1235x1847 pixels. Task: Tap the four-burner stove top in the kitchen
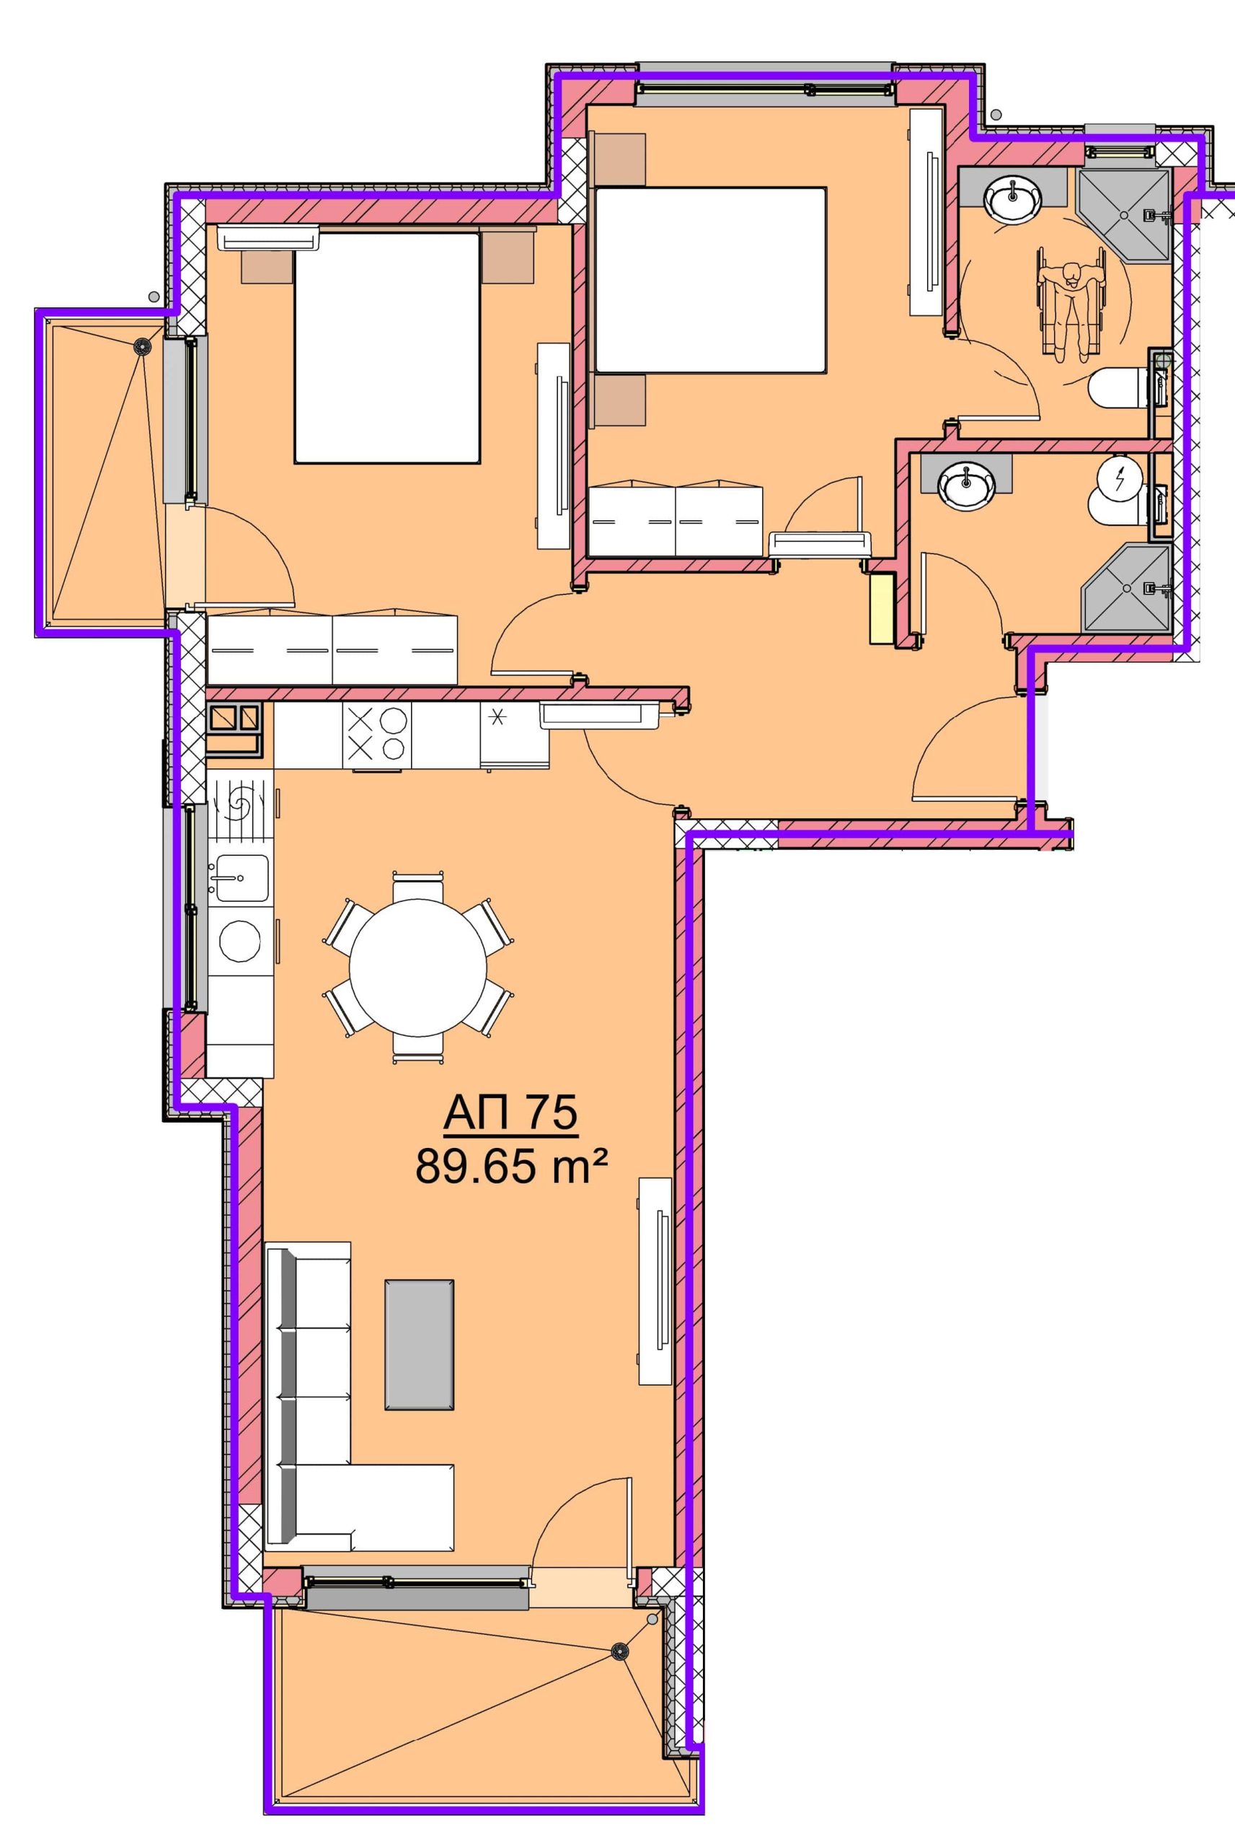376,735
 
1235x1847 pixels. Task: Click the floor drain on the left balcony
142,344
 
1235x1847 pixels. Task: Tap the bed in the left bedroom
386,348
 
